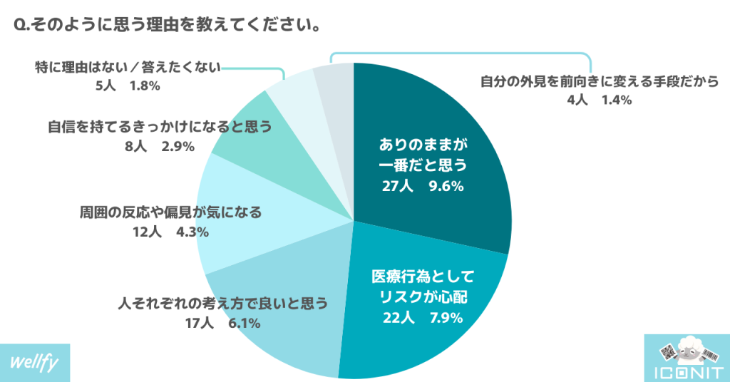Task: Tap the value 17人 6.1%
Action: pyautogui.click(x=222, y=323)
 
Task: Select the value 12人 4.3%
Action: pyautogui.click(x=169, y=232)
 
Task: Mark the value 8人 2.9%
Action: pyautogui.click(x=160, y=147)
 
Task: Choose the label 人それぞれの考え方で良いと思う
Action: pyautogui.click(x=222, y=304)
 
